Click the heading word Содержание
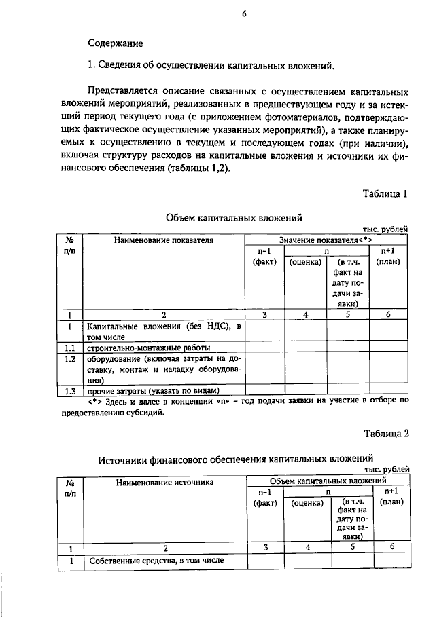(x=115, y=43)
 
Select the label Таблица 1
(x=385, y=193)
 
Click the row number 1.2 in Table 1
(x=68, y=359)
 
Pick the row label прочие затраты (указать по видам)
(x=152, y=391)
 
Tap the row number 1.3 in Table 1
(x=68, y=391)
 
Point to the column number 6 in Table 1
(x=388, y=314)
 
